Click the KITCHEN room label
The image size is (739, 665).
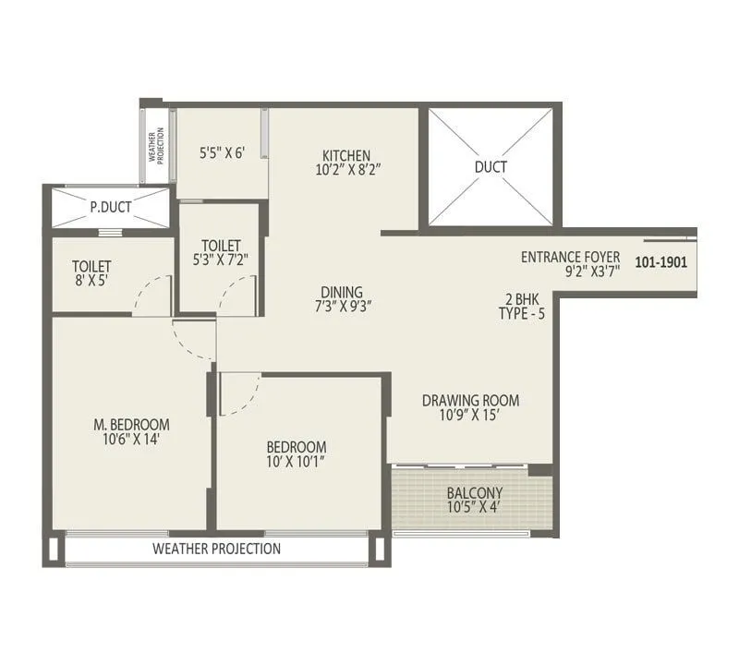pos(346,155)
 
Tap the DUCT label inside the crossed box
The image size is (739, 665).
pos(491,167)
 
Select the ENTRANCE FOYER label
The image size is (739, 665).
pos(570,257)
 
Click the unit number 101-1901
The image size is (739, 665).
pos(661,262)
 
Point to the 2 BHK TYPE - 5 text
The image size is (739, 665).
pos(522,306)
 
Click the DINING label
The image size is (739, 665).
pos(342,292)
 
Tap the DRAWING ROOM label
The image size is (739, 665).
pos(470,401)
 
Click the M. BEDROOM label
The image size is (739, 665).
pos(132,425)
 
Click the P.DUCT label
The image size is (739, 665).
pos(110,207)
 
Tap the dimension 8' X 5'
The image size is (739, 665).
pos(91,282)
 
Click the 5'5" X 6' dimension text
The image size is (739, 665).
pos(222,153)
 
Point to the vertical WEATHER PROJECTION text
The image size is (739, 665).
pos(155,146)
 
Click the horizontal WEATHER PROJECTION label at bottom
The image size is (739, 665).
pos(216,549)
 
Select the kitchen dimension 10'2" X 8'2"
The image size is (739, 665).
pos(346,170)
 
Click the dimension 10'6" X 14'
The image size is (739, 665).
pos(132,441)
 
